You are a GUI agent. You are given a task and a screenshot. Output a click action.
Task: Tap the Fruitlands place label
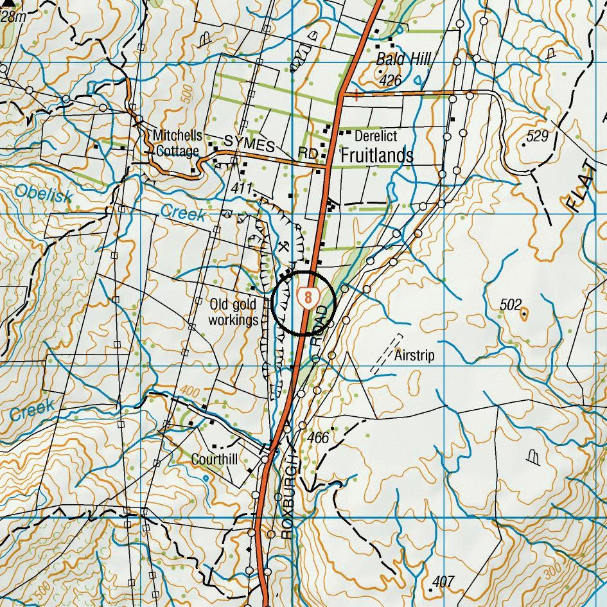click(376, 155)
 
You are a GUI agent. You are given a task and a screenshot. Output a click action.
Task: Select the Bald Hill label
click(403, 60)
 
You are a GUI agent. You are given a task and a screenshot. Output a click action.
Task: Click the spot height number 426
click(390, 80)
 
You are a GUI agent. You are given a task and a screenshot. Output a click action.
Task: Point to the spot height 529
click(537, 136)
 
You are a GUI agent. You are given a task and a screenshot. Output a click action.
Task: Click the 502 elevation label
click(511, 305)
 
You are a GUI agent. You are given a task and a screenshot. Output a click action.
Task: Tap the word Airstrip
click(414, 355)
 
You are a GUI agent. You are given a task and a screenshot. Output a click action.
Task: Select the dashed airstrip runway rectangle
click(387, 354)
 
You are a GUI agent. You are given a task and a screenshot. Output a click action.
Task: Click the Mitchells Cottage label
click(177, 143)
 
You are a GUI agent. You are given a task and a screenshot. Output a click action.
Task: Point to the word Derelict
click(376, 136)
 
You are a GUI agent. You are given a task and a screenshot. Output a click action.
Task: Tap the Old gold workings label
click(233, 312)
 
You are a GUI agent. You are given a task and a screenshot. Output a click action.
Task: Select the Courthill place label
click(215, 460)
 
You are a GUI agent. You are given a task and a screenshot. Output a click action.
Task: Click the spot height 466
click(318, 438)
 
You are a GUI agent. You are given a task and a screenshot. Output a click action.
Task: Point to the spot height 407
click(443, 582)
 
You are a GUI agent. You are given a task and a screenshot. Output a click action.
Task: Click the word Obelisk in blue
click(43, 193)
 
